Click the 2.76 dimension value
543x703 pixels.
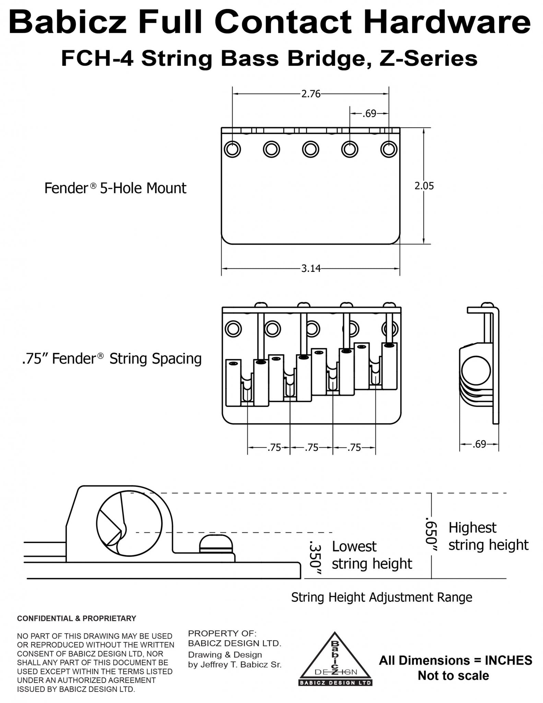pos(310,94)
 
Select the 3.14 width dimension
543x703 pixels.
pos(311,268)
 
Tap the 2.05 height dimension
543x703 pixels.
pos(424,186)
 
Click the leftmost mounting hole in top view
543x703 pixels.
pos(232,149)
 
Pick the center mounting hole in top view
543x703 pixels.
pos(310,150)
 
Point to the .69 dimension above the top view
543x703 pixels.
pos(369,114)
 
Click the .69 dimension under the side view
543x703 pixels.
pos(479,444)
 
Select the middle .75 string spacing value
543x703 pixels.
pos(311,448)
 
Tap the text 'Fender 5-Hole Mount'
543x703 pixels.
pos(115,188)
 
